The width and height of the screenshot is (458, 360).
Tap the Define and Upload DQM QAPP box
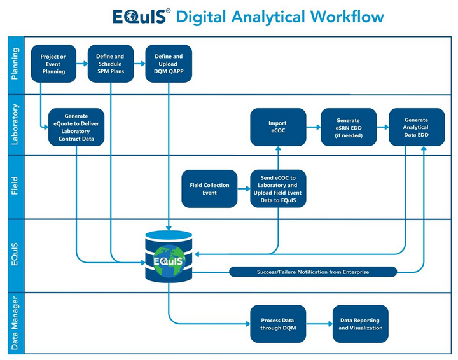click(x=169, y=64)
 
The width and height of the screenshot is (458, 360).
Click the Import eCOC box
click(x=278, y=127)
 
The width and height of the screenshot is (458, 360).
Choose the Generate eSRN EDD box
click(x=348, y=127)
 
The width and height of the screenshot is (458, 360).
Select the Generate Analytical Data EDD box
click(x=417, y=127)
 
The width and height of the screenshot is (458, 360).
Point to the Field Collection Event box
click(x=209, y=188)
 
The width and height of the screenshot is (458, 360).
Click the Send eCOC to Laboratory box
click(x=278, y=188)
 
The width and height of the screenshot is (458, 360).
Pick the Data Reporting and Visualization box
click(x=361, y=324)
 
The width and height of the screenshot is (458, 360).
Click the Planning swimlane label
click(x=15, y=64)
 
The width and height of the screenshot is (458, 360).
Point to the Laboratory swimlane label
click(x=15, y=125)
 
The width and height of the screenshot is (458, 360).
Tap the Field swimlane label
click(x=15, y=188)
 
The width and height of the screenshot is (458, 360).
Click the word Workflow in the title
click(x=347, y=16)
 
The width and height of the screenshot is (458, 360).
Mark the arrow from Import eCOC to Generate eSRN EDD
click(x=313, y=127)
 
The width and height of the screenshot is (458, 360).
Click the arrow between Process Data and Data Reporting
click(x=319, y=324)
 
